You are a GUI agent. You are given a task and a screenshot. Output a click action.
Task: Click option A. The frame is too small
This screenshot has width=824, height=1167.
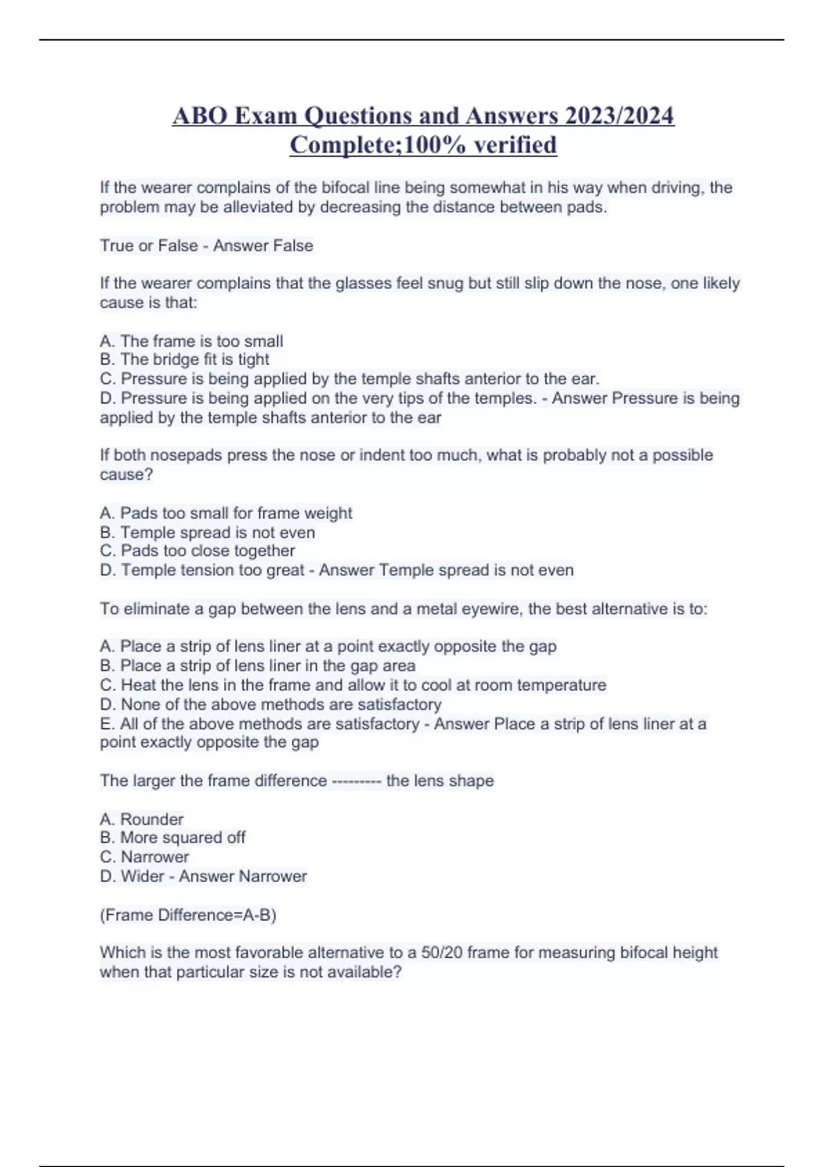192,341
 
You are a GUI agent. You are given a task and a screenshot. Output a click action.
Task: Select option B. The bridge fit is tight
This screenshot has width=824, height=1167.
185,360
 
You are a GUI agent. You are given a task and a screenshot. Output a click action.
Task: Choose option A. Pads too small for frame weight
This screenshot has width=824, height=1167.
226,513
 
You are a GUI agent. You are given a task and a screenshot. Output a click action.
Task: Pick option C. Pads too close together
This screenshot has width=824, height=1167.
198,551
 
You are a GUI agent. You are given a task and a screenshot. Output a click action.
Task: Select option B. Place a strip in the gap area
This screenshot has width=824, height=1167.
257,666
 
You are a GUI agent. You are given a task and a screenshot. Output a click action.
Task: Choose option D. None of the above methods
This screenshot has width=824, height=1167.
271,704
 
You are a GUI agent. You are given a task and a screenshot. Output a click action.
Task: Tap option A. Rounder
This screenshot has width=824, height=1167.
142,819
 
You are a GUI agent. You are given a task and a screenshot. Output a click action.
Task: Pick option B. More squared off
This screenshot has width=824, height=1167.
173,837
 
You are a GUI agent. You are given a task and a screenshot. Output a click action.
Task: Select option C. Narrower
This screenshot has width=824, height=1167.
145,857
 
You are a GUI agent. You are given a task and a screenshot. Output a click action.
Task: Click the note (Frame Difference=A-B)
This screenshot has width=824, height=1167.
188,915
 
